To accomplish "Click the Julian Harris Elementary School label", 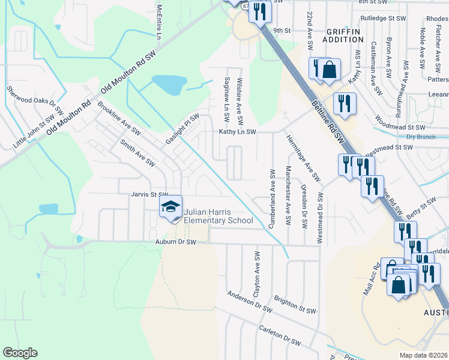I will coord(218,216).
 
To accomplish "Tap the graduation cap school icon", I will coord(170,208).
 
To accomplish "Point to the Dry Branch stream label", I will coord(419,137).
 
